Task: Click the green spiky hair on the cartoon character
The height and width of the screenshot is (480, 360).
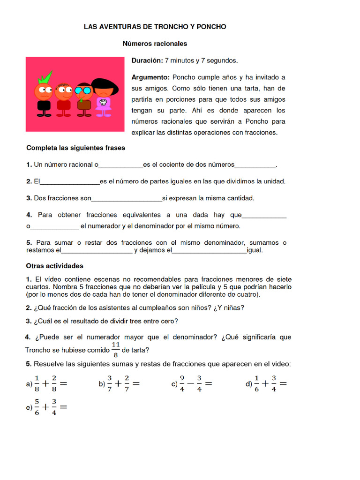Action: (x=45, y=77)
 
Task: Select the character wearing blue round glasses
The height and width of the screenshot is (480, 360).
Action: (x=84, y=91)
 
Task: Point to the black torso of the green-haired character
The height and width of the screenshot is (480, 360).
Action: (x=44, y=105)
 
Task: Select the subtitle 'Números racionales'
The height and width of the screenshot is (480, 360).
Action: (x=155, y=44)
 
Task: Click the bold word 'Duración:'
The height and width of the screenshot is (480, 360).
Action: (x=147, y=60)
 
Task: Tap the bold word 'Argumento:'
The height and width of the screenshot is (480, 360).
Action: (x=150, y=77)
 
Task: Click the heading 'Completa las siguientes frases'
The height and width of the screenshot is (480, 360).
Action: (x=75, y=148)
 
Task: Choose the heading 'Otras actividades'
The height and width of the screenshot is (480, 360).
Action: (x=54, y=266)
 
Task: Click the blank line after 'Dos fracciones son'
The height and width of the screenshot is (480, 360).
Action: (x=127, y=199)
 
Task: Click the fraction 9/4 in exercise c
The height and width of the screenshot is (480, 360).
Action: (x=182, y=384)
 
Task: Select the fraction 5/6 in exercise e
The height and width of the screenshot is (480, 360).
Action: (x=37, y=407)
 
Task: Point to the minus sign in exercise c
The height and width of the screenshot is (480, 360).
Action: (x=190, y=384)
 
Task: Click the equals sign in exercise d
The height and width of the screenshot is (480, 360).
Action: (x=283, y=384)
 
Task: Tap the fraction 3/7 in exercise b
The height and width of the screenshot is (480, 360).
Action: (x=109, y=384)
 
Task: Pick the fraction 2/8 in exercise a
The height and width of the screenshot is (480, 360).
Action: (x=54, y=384)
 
